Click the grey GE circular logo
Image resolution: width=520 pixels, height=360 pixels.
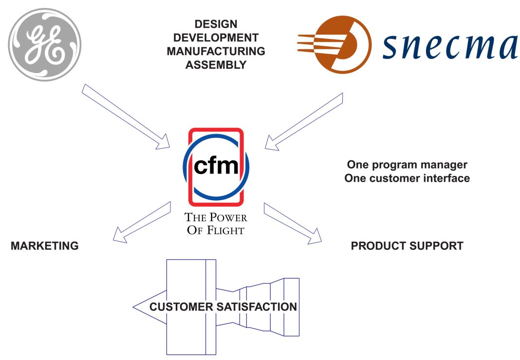(x=45, y=45)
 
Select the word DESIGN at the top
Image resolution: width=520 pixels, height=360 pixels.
(x=216, y=24)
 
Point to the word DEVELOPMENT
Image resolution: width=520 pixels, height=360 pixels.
(x=216, y=38)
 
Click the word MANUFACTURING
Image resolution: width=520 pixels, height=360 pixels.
(x=216, y=51)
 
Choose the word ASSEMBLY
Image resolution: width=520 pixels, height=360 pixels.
(x=216, y=64)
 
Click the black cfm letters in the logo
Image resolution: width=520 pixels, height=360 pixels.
(x=216, y=167)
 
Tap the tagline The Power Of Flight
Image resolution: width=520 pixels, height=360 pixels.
(x=215, y=224)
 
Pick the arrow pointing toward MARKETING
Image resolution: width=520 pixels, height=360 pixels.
(x=141, y=222)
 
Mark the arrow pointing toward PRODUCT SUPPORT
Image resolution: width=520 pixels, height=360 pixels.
(x=292, y=223)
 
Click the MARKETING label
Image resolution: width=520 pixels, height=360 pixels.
(x=45, y=246)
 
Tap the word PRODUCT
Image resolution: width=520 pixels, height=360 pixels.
(x=377, y=246)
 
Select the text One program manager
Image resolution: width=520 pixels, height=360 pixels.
(x=407, y=165)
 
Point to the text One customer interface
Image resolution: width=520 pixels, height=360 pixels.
(x=407, y=178)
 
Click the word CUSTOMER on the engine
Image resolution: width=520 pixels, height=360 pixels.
(x=181, y=307)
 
